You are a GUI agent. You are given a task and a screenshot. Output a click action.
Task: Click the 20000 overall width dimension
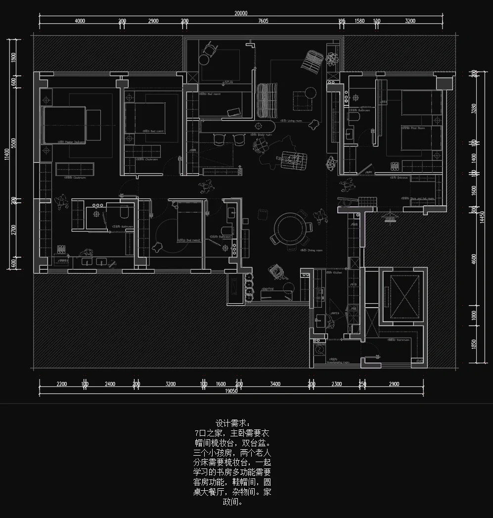click(x=241, y=13)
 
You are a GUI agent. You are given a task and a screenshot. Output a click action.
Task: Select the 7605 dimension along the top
click(x=263, y=21)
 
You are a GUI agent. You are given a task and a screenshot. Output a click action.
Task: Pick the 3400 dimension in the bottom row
click(x=275, y=384)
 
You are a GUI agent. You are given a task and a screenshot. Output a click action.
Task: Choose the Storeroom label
click(x=398, y=340)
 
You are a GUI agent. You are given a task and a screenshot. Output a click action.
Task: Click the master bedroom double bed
click(x=64, y=124)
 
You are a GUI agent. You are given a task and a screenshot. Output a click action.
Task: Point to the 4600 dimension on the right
click(x=474, y=259)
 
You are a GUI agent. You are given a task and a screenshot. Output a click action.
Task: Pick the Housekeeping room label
click(x=338, y=362)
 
